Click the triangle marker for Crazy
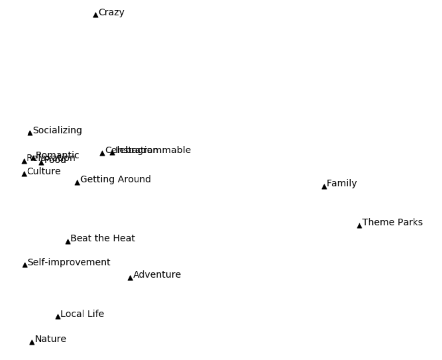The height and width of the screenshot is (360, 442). [96, 15]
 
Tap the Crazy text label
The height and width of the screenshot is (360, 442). [111, 12]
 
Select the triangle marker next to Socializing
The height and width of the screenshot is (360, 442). [30, 133]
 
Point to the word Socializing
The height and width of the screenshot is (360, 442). [57, 130]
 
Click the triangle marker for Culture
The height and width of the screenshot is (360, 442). [24, 174]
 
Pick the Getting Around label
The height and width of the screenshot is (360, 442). [115, 179]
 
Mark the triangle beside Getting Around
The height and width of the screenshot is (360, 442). [77, 183]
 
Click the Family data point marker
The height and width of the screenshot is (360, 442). [324, 187]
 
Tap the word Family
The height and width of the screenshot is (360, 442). [342, 183]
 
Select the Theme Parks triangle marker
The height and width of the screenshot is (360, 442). [359, 226]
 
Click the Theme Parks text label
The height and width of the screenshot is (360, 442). [393, 222]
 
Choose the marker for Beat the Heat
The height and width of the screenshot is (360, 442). [68, 242]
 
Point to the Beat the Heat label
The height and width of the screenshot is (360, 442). [102, 238]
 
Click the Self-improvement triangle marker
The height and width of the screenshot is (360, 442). [25, 265]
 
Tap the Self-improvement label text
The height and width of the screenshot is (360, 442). [69, 262]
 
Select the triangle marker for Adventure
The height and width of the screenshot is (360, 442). [130, 278]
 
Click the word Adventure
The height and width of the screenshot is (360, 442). [157, 275]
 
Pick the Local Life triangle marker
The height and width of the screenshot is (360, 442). [58, 317]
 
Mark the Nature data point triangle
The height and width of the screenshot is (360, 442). [32, 342]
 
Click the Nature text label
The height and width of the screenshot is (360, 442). [50, 339]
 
